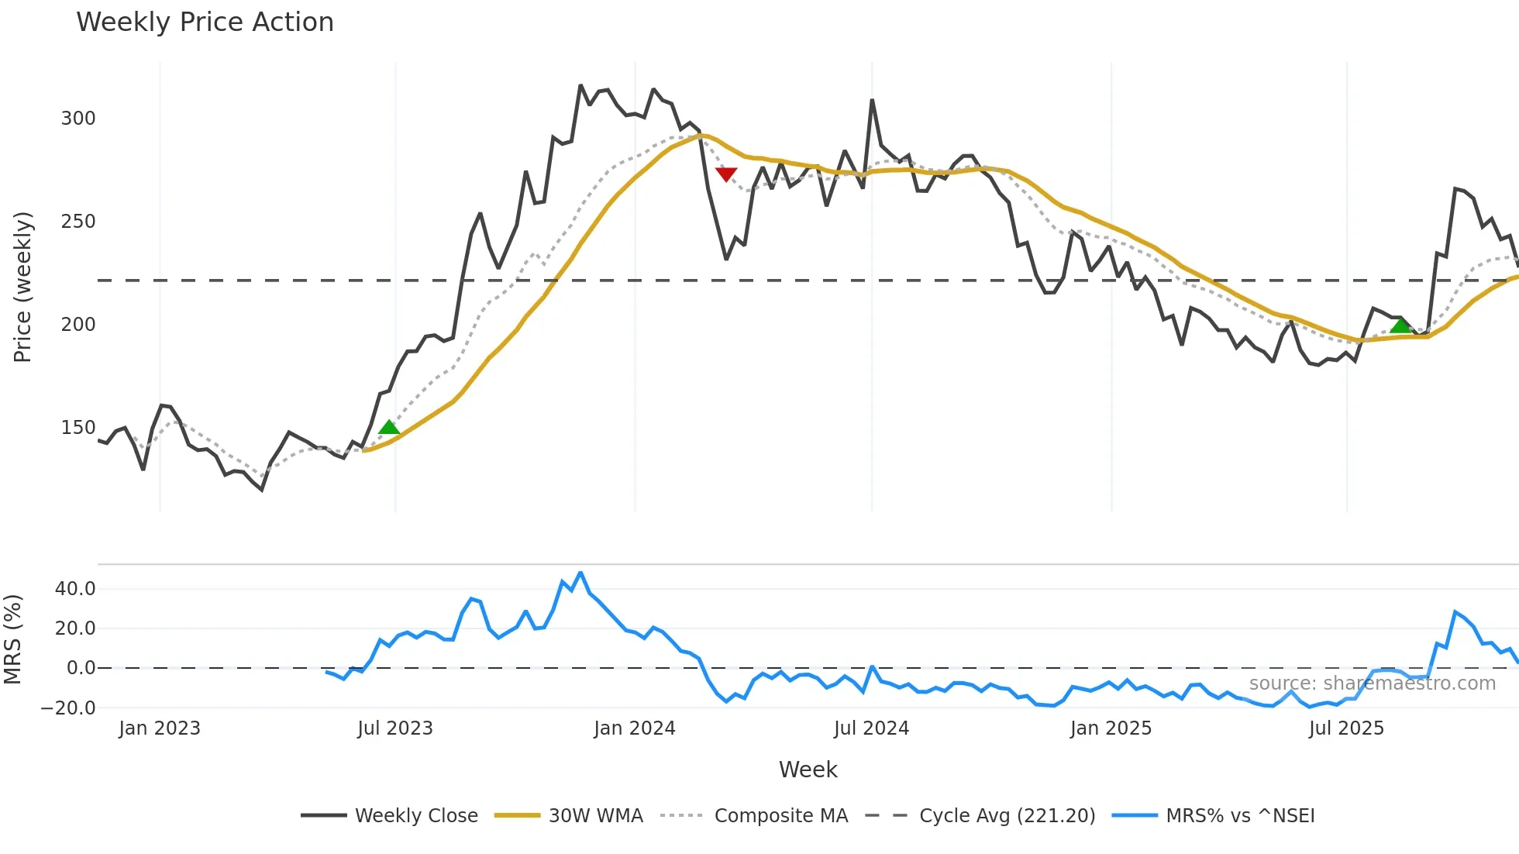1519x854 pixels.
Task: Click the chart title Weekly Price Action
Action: tap(205, 22)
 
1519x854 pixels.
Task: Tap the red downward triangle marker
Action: tap(726, 174)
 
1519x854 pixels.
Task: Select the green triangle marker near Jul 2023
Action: tap(389, 427)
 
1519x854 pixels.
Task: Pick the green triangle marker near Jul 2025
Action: tap(1400, 325)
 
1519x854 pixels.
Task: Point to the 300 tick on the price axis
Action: tap(78, 119)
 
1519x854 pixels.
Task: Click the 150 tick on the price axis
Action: tap(78, 428)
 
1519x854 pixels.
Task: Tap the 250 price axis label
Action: tap(78, 222)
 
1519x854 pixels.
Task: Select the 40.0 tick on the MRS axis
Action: tap(75, 589)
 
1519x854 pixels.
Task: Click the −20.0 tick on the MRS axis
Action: tap(69, 708)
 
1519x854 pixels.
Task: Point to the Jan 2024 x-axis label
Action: tap(635, 728)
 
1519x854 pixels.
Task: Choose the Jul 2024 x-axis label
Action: tap(871, 728)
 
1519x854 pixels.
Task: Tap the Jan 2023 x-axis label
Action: tap(160, 728)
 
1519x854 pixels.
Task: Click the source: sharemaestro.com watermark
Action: tap(1372, 684)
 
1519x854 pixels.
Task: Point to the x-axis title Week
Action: tap(808, 770)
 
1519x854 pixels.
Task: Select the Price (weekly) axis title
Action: tap(23, 287)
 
